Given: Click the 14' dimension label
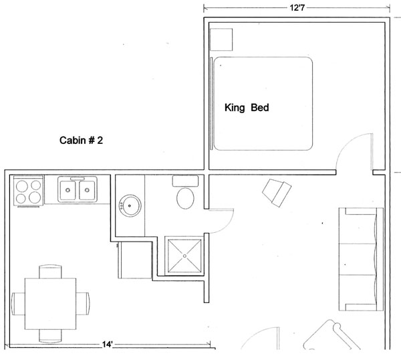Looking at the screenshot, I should [108, 345].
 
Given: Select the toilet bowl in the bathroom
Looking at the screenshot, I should [184, 199].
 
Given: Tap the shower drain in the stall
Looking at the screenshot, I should [182, 256].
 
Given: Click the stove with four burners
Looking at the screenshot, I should [28, 191].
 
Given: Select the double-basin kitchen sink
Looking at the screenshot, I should [77, 190].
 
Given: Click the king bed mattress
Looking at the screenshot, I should [264, 104].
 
